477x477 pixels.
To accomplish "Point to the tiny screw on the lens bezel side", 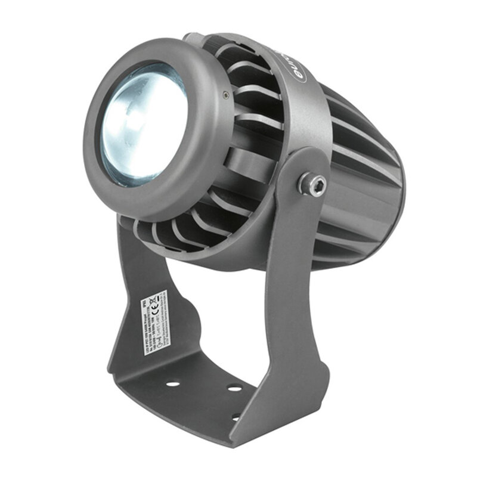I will point(224,93).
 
